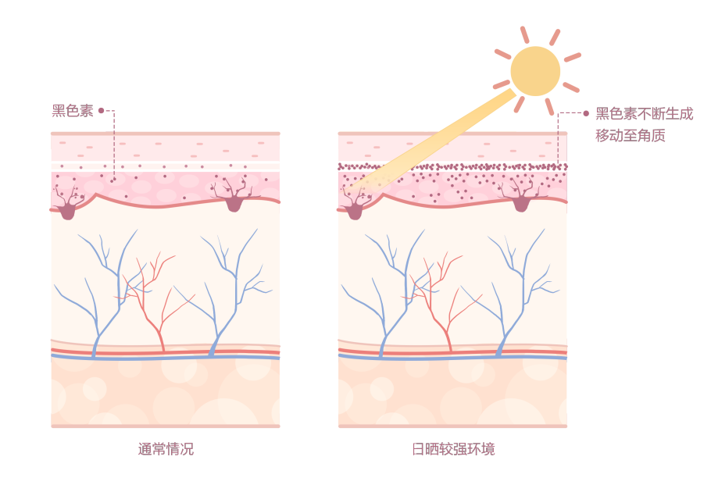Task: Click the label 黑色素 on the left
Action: coord(72,111)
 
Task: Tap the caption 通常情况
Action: coord(166,449)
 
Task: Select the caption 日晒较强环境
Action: coord(453,449)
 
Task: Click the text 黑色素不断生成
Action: coord(644,113)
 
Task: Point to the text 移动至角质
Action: coord(631,135)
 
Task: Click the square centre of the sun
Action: coord(535,71)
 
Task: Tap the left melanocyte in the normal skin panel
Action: coord(68,208)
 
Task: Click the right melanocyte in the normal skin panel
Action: coord(234,201)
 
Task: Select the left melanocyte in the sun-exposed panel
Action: coord(355,209)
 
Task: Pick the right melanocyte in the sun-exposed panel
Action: coord(521,202)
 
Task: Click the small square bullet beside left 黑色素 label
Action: coord(101,110)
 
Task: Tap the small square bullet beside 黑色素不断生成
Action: coord(586,113)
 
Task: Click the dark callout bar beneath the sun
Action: coord(569,138)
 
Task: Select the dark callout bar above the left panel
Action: coord(110,120)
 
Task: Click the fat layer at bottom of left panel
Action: coord(165,390)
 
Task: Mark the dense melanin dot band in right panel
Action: coord(452,166)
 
